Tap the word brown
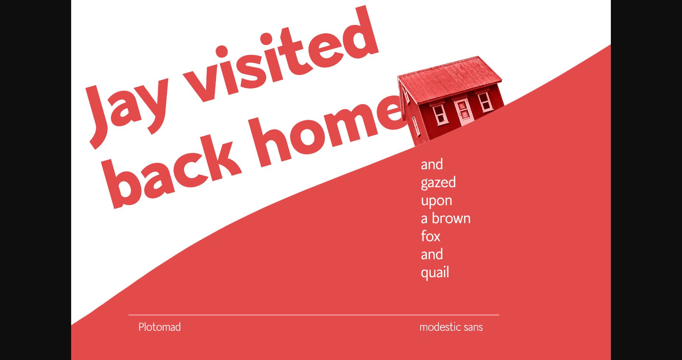pyautogui.click(x=451, y=218)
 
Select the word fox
pyautogui.click(x=431, y=236)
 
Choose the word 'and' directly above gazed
pyautogui.click(x=432, y=165)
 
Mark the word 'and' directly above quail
pyautogui.click(x=432, y=255)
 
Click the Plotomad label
pyautogui.click(x=159, y=327)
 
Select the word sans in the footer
pyautogui.click(x=473, y=328)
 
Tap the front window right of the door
pyautogui.click(x=485, y=101)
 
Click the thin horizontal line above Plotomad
pyautogui.click(x=314, y=315)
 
